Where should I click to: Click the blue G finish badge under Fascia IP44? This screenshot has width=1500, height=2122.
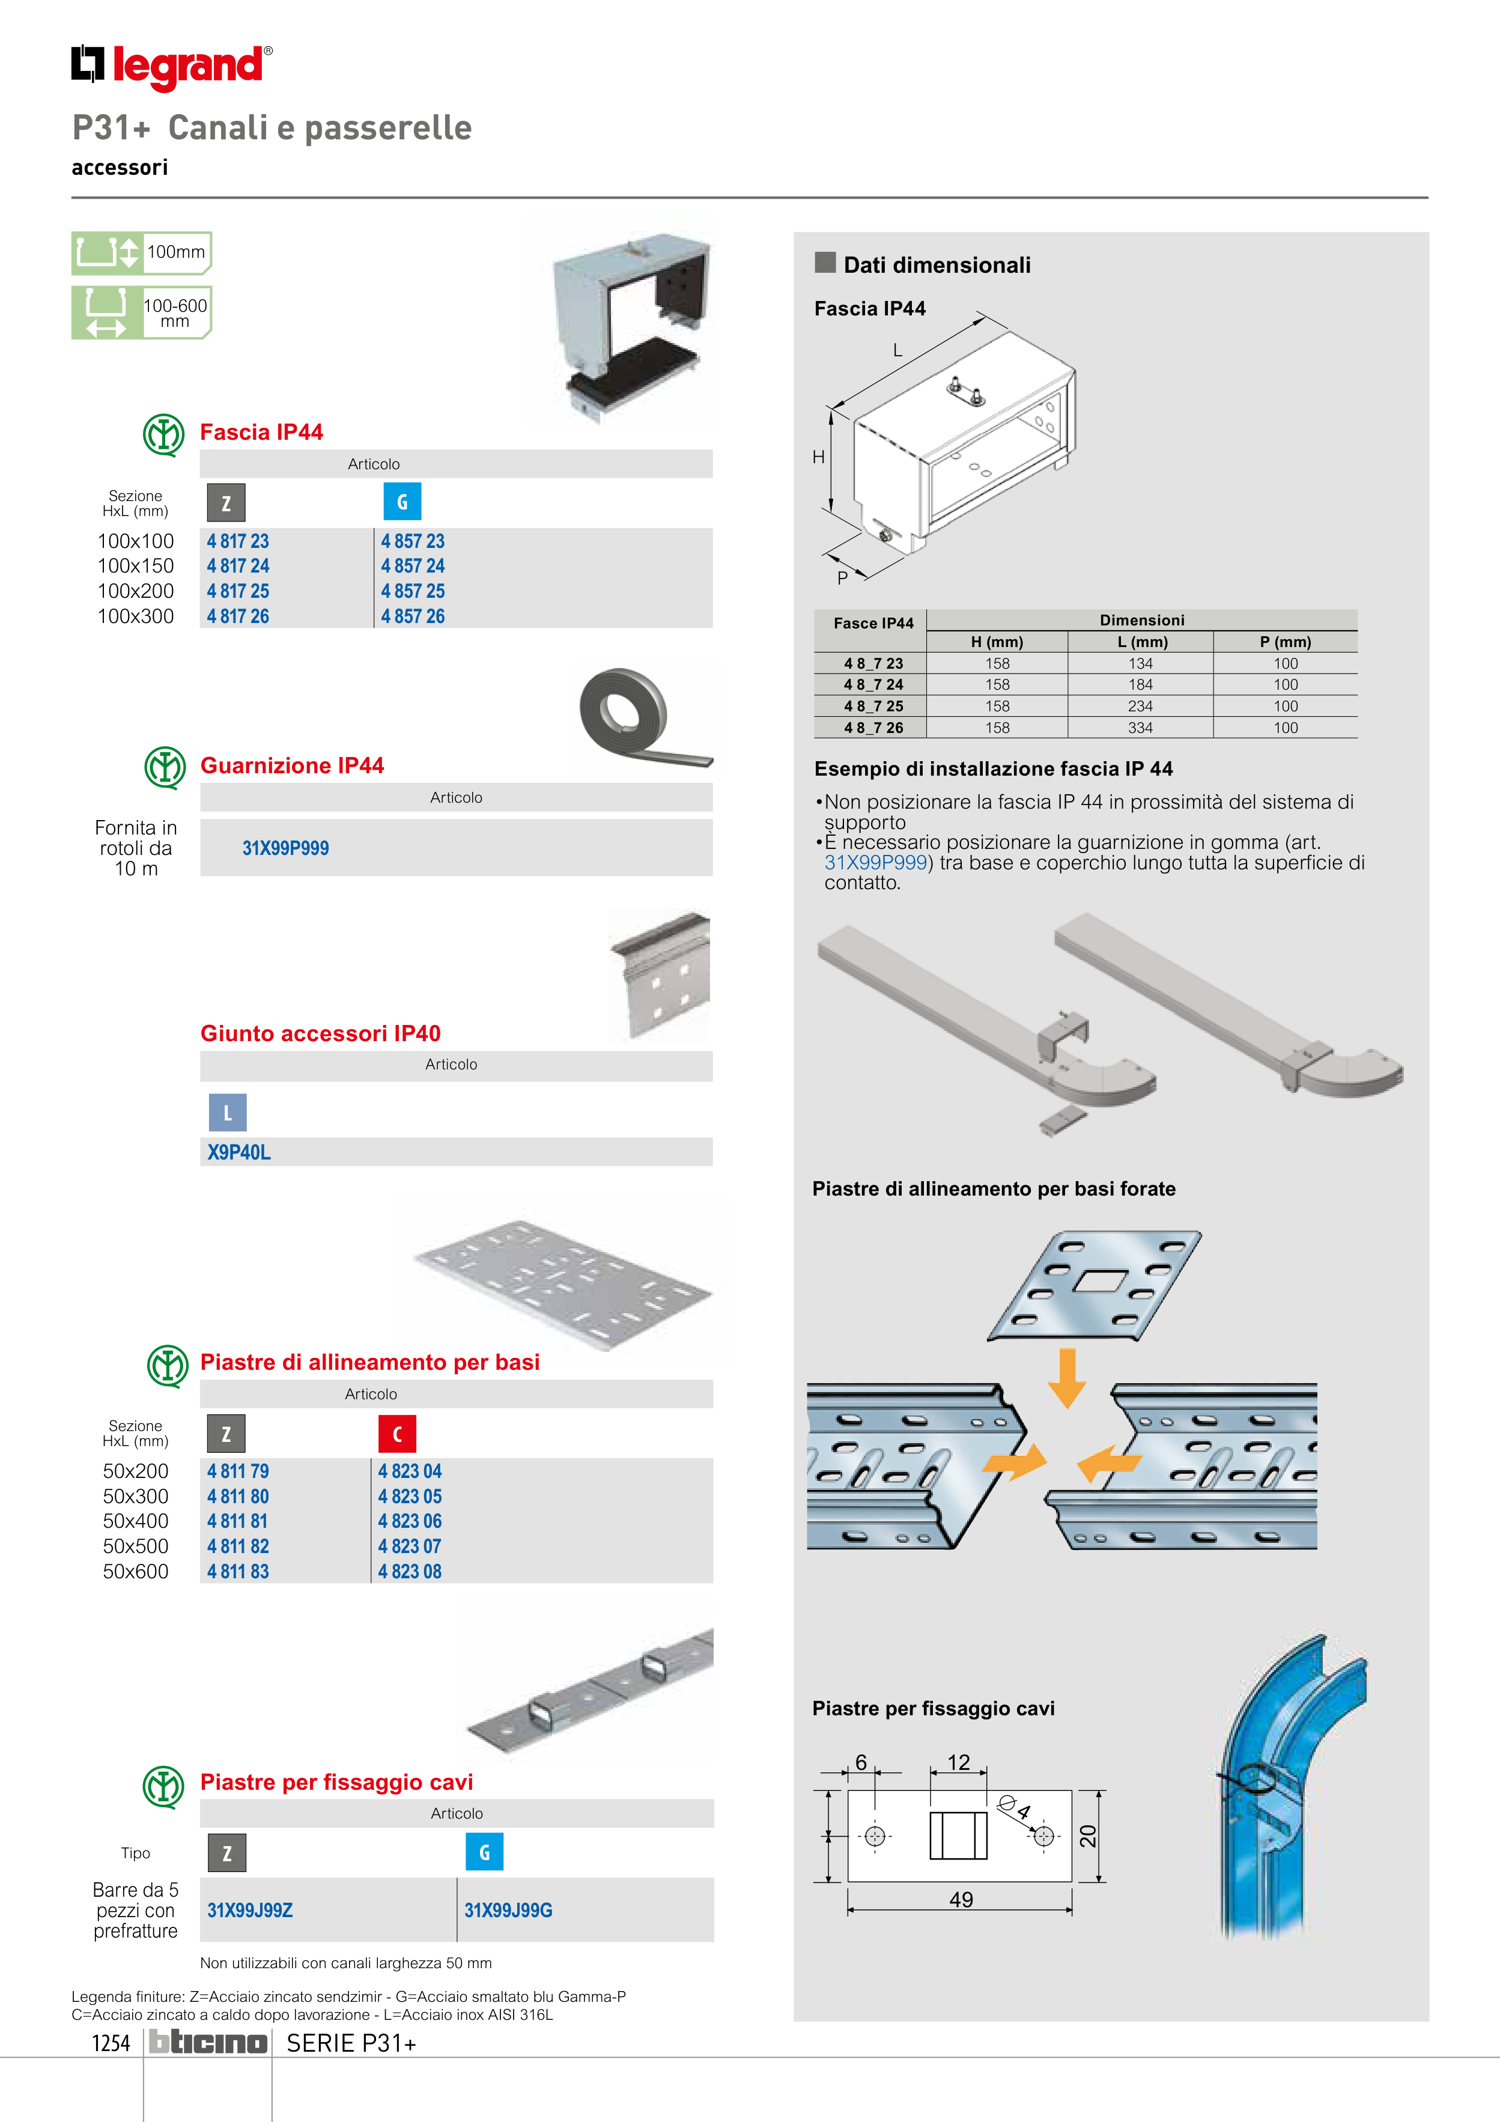coord(402,502)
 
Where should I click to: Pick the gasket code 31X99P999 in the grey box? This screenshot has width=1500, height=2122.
coord(285,848)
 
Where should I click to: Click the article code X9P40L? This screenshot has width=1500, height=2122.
coord(238,1152)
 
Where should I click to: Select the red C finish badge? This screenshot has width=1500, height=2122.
coord(398,1433)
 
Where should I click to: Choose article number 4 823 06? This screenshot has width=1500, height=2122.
coord(410,1521)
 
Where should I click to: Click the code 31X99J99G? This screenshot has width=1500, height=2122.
coord(508,1911)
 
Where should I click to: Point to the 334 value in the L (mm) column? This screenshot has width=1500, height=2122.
coord(1141,728)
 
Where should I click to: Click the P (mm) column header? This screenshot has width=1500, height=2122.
coord(1285,642)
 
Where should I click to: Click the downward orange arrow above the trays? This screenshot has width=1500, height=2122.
coord(1067,1377)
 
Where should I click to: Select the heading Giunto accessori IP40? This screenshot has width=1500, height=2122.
coord(321,1033)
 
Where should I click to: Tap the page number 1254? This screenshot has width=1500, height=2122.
coord(111,2043)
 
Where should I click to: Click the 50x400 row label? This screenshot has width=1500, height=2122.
coord(136,1521)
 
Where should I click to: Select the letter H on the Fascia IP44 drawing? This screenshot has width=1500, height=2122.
coord(819,457)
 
